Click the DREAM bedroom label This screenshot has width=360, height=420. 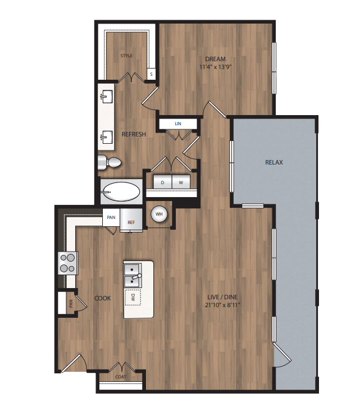click(215, 59)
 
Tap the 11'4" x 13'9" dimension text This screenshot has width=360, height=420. click(215, 67)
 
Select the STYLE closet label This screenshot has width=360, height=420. click(126, 56)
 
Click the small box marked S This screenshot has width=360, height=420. click(151, 74)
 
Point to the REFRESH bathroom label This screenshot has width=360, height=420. click(134, 134)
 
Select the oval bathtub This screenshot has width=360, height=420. click(122, 192)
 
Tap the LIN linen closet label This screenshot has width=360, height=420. click(178, 124)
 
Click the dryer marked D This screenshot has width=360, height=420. click(162, 182)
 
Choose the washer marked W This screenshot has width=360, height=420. click(181, 182)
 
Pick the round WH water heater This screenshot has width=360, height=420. click(159, 214)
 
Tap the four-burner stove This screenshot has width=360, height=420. click(68, 263)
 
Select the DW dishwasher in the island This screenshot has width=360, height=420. click(133, 297)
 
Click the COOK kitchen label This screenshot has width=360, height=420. click(103, 298)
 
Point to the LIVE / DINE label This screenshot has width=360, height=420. click(222, 297)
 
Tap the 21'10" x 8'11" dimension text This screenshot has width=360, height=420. click(222, 305)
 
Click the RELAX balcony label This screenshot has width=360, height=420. click(274, 162)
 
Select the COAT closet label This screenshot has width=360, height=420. click(121, 377)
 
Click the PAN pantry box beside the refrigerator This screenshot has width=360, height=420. click(111, 217)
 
